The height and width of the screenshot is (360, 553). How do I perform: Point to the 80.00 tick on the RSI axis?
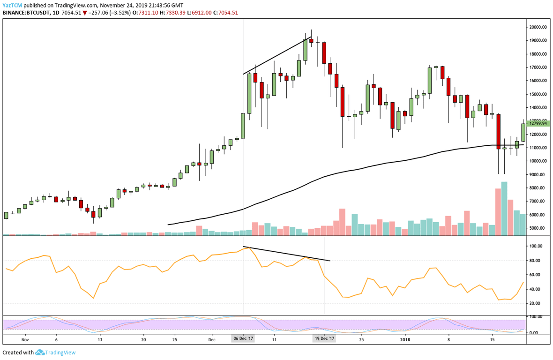pos(536,261)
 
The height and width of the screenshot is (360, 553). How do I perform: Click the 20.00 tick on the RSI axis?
pos(536,304)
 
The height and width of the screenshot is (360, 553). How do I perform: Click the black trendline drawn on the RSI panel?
pos(286,254)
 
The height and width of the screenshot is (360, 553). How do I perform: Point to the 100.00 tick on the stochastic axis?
pos(536,317)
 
